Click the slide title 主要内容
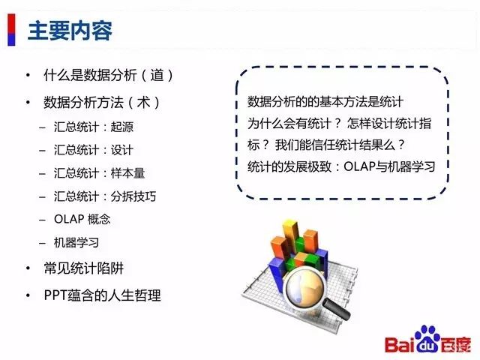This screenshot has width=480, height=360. click(x=70, y=31)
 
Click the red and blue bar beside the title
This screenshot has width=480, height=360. click(x=11, y=30)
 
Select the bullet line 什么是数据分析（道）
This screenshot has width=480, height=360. click(x=109, y=75)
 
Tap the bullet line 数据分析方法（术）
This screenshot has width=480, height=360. click(x=102, y=102)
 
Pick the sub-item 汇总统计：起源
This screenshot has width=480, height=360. click(x=94, y=127)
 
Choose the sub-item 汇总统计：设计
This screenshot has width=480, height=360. click(x=94, y=150)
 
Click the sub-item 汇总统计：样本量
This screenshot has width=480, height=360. click(x=100, y=173)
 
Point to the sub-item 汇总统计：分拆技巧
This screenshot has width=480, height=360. click(x=105, y=196)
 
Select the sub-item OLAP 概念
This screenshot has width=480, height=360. click(x=82, y=219)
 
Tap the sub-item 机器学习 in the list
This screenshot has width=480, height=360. click(x=76, y=242)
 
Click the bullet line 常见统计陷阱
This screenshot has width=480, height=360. click(x=83, y=268)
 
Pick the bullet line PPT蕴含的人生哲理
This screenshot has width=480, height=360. click(x=102, y=295)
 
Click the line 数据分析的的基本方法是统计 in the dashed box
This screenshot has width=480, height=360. click(x=325, y=102)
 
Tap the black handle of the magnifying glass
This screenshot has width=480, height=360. click(x=336, y=309)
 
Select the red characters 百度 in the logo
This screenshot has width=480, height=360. click(x=455, y=345)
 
